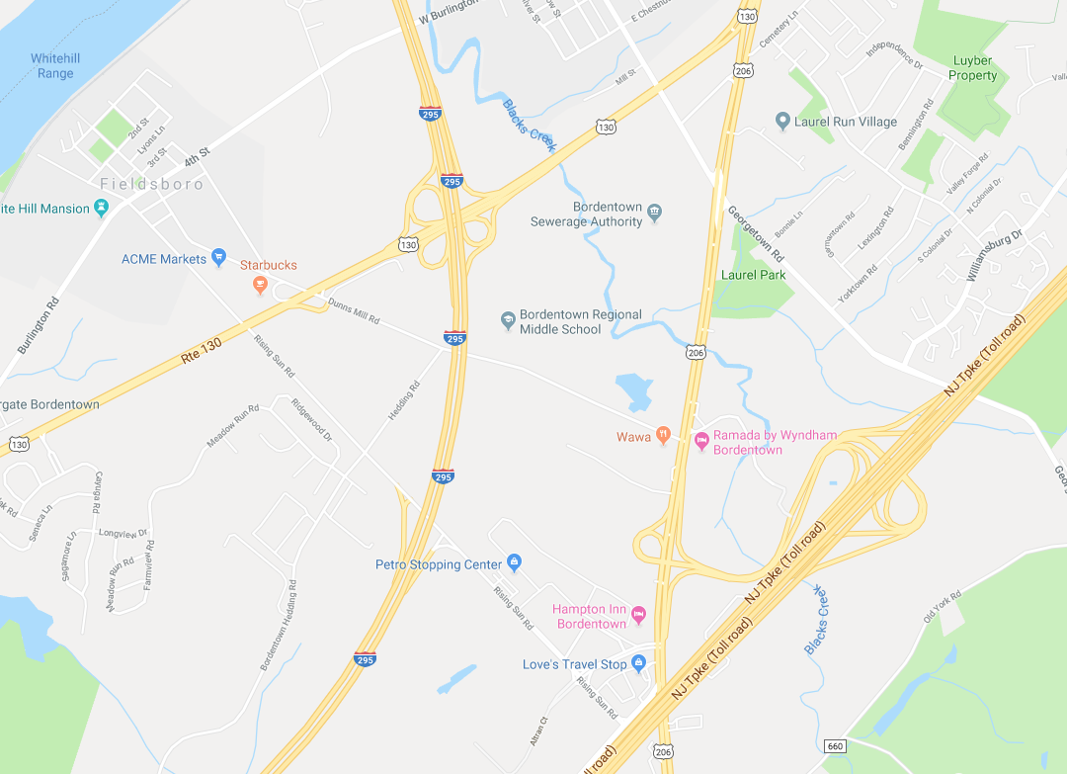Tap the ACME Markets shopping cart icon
point(219,258)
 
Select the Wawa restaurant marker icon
point(664,433)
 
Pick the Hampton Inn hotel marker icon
point(638,616)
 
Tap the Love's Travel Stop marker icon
point(638,664)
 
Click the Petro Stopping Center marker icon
point(514,563)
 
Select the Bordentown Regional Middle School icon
point(508,320)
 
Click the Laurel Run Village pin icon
point(782,122)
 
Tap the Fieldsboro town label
point(152,184)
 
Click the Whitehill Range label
point(55,66)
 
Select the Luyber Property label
point(973,68)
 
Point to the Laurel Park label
point(754,275)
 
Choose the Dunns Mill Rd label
point(354,311)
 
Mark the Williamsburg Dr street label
point(996,256)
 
